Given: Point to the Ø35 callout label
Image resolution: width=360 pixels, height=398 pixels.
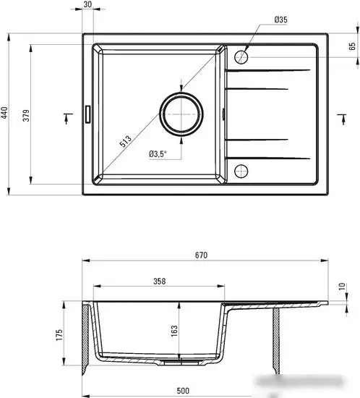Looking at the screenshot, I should [x=280, y=20].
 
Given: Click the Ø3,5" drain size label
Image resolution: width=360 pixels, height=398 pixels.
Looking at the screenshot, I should [x=157, y=153].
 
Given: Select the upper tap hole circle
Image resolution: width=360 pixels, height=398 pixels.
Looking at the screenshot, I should [x=241, y=55].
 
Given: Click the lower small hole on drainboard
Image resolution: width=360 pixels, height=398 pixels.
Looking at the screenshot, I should [x=241, y=171].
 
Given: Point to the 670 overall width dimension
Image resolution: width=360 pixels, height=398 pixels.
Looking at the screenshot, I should [x=202, y=255].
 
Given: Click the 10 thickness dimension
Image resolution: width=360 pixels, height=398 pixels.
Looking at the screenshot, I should [x=342, y=287].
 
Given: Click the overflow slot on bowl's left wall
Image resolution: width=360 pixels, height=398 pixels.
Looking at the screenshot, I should [x=88, y=114].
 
